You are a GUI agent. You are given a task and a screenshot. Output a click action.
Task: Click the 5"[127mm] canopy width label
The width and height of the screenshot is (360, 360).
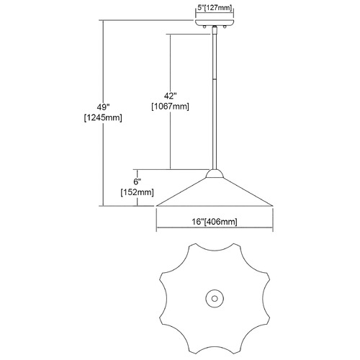(x=215, y=8)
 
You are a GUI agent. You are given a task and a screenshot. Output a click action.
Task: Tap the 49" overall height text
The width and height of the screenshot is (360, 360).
(x=103, y=107)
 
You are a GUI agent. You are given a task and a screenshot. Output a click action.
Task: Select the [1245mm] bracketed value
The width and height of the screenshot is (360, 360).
(x=103, y=118)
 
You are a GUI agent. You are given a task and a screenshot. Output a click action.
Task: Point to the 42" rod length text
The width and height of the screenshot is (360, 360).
(x=170, y=96)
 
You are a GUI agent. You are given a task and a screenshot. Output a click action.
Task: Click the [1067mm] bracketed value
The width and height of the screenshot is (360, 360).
(x=170, y=107)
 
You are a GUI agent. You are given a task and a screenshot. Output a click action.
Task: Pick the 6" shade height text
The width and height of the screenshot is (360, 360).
(x=137, y=181)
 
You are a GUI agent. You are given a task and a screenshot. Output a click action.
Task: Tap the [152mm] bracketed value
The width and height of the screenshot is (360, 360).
(x=137, y=192)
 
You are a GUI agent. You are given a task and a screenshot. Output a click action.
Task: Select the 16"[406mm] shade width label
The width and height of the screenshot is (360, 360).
(x=215, y=222)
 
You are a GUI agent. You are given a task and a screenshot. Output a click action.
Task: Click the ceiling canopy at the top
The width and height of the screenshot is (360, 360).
(x=215, y=23)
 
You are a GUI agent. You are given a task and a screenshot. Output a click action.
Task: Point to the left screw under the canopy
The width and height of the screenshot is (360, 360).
(x=204, y=27)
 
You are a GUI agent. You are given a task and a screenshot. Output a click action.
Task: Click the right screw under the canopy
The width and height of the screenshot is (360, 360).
(x=225, y=27)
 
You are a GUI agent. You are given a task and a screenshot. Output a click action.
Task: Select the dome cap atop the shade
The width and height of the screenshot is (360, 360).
(x=215, y=174)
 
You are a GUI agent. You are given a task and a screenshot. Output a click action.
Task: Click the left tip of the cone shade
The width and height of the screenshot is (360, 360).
(x=156, y=206)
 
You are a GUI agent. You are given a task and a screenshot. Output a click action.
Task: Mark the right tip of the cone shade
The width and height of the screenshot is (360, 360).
(x=273, y=206)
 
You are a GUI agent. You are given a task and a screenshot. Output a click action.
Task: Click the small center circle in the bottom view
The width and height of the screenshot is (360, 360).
(x=215, y=299)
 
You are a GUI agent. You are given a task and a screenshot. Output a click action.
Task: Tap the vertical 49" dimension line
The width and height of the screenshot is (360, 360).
(x=103, y=113)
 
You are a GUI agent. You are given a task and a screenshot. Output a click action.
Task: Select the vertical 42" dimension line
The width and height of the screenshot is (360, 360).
(x=170, y=102)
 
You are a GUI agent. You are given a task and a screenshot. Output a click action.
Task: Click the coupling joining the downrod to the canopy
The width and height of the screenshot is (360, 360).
(x=215, y=30)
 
